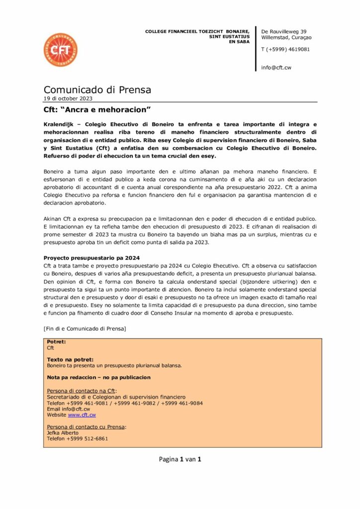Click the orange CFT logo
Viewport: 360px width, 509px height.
pos(60,50)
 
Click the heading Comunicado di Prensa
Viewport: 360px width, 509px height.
pos(97,90)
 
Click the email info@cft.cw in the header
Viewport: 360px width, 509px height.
pos(276,68)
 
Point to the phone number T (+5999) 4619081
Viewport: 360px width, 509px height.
pos(285,49)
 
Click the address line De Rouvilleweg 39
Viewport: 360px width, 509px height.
pos(284,32)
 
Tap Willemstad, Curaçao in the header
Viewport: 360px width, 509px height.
pos(286,38)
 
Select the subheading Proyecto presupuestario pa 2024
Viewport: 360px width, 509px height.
pos(91,257)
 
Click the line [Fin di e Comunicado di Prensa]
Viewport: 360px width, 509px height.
pos(85,329)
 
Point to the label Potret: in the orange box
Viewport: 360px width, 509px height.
pos(56,342)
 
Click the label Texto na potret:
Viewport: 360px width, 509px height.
pos(70,359)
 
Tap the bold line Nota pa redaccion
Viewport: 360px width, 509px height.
pos(98,377)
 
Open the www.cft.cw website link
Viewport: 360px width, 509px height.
pos(82,415)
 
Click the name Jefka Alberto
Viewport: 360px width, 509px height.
pos(63,432)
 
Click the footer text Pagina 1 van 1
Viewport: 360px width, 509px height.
pos(180,459)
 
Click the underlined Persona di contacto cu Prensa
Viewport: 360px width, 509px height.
pos(86,426)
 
